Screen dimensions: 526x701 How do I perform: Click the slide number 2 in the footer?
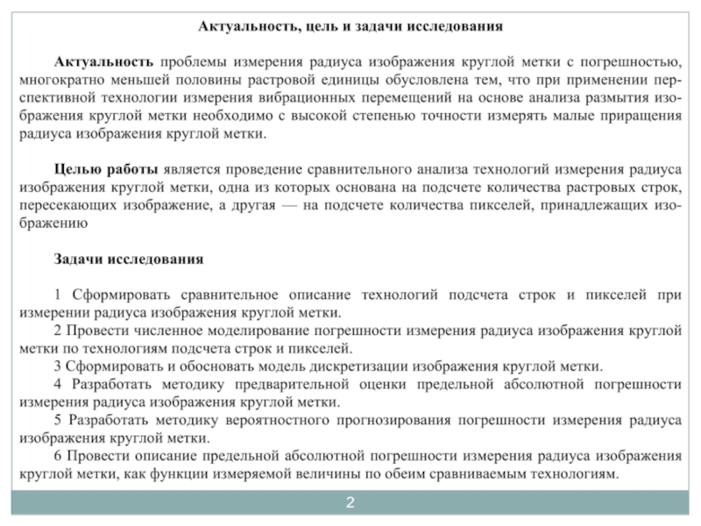click(350, 502)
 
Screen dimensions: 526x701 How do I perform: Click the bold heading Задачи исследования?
click(129, 259)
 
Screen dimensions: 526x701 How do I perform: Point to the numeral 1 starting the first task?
click(58, 295)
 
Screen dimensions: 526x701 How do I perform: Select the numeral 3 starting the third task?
click(58, 366)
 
